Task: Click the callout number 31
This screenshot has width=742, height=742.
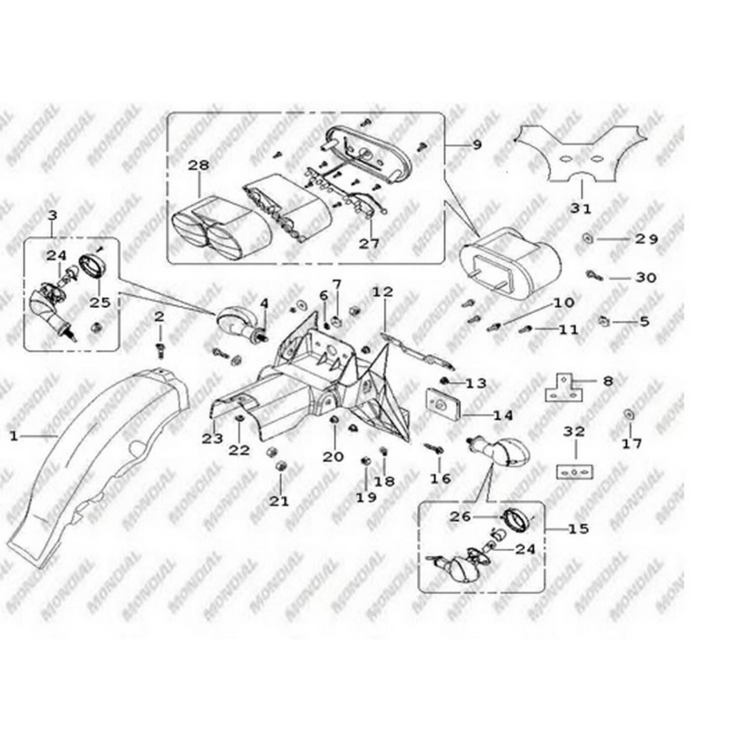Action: pyautogui.click(x=580, y=208)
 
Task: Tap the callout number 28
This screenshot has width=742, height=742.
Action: pyautogui.click(x=198, y=165)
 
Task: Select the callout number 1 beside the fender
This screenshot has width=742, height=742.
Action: pyautogui.click(x=14, y=436)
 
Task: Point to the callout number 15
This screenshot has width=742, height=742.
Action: pyautogui.click(x=578, y=529)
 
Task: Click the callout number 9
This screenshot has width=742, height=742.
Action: pyautogui.click(x=477, y=144)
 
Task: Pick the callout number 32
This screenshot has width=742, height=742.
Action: pyautogui.click(x=574, y=431)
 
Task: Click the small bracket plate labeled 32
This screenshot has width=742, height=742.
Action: pyautogui.click(x=575, y=471)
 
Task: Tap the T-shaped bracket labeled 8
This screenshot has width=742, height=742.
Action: pyautogui.click(x=563, y=388)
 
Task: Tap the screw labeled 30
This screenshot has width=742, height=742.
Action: pyautogui.click(x=594, y=275)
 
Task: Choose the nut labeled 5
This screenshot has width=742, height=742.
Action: pyautogui.click(x=603, y=322)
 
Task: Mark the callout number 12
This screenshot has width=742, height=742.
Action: pyautogui.click(x=382, y=292)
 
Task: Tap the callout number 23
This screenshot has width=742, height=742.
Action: pyautogui.click(x=212, y=438)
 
